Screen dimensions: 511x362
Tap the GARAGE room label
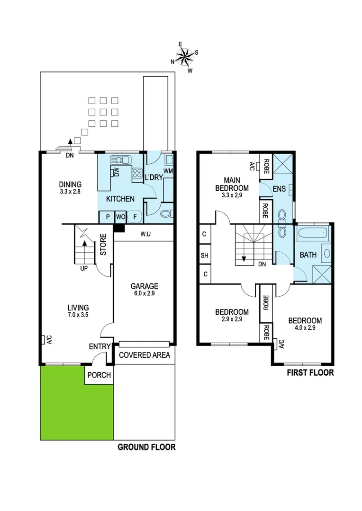pyautogui.click(x=145, y=286)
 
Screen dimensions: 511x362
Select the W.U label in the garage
pyautogui.click(x=145, y=234)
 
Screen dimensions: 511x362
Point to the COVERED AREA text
pyautogui.click(x=144, y=355)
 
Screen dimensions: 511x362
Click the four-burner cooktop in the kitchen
pyautogui.click(x=137, y=173)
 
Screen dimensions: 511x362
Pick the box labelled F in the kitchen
pyautogui.click(x=135, y=217)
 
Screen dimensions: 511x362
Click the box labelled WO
pyautogui.click(x=120, y=217)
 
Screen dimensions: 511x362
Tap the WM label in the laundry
pyautogui.click(x=168, y=170)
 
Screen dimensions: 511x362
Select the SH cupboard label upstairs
pyautogui.click(x=205, y=255)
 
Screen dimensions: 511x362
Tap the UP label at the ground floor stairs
pyautogui.click(x=84, y=268)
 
